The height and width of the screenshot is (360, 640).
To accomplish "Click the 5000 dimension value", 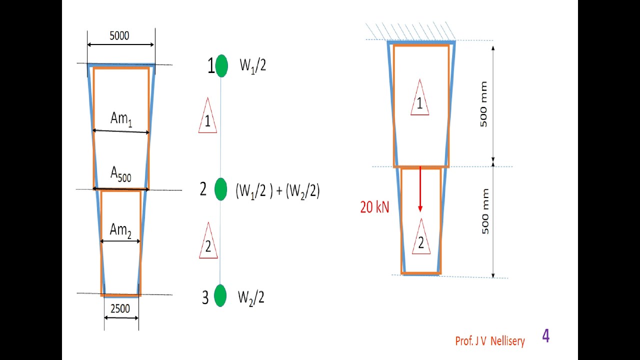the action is (119, 35).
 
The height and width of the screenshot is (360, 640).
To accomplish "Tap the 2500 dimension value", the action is (120, 309).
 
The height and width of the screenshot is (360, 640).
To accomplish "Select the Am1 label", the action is (121, 119).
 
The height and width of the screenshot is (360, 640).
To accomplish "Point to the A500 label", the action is (121, 174).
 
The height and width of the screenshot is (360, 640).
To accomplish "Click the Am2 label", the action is (120, 231).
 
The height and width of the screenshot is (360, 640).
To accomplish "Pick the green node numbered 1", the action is (221, 65).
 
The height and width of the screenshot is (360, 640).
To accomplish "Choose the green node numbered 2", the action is (221, 189).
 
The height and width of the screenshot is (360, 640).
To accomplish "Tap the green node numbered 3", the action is (220, 295).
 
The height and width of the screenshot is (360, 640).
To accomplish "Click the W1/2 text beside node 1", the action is (253, 66).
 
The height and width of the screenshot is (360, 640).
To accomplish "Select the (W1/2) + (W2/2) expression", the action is (277, 191).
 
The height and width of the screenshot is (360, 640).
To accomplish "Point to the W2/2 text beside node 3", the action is (251, 298).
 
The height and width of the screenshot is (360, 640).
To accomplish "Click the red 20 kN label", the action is (374, 207).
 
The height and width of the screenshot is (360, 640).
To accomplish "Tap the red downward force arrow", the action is (420, 189).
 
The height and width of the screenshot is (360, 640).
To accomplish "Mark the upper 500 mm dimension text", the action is (483, 104).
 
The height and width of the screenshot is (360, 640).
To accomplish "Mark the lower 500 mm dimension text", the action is (485, 211).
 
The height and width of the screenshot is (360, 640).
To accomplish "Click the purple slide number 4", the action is (545, 336).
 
